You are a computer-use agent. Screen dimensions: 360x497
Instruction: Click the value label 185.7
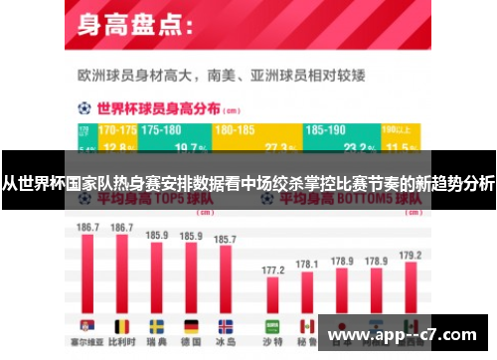point(226,240)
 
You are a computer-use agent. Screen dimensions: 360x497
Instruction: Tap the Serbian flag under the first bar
point(87,326)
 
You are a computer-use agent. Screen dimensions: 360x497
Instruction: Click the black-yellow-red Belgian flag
point(122,326)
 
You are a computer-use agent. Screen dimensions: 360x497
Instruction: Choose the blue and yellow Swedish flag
point(157,326)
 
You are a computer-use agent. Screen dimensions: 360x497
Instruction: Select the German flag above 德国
point(191,326)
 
